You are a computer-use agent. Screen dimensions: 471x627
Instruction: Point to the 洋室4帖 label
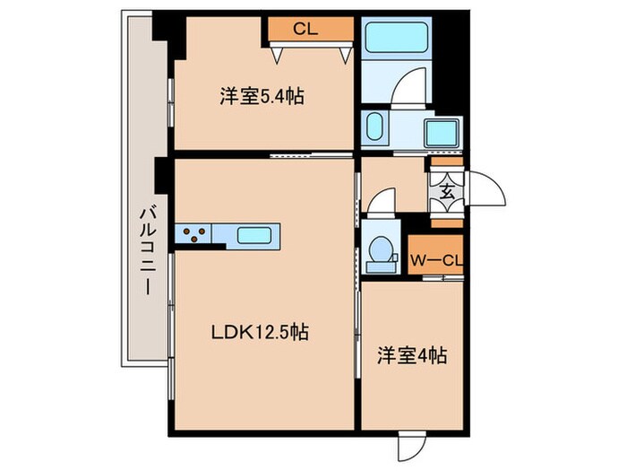pyautogui.click(x=413, y=355)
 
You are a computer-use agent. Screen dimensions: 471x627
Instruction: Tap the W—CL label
pyautogui.click(x=436, y=260)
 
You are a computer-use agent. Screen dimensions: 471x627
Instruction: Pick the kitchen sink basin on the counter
pyautogui.click(x=257, y=236)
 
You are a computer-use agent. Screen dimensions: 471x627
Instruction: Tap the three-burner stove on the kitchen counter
pyautogui.click(x=195, y=236)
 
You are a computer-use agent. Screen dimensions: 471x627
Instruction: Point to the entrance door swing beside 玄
pyautogui.click(x=482, y=190)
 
